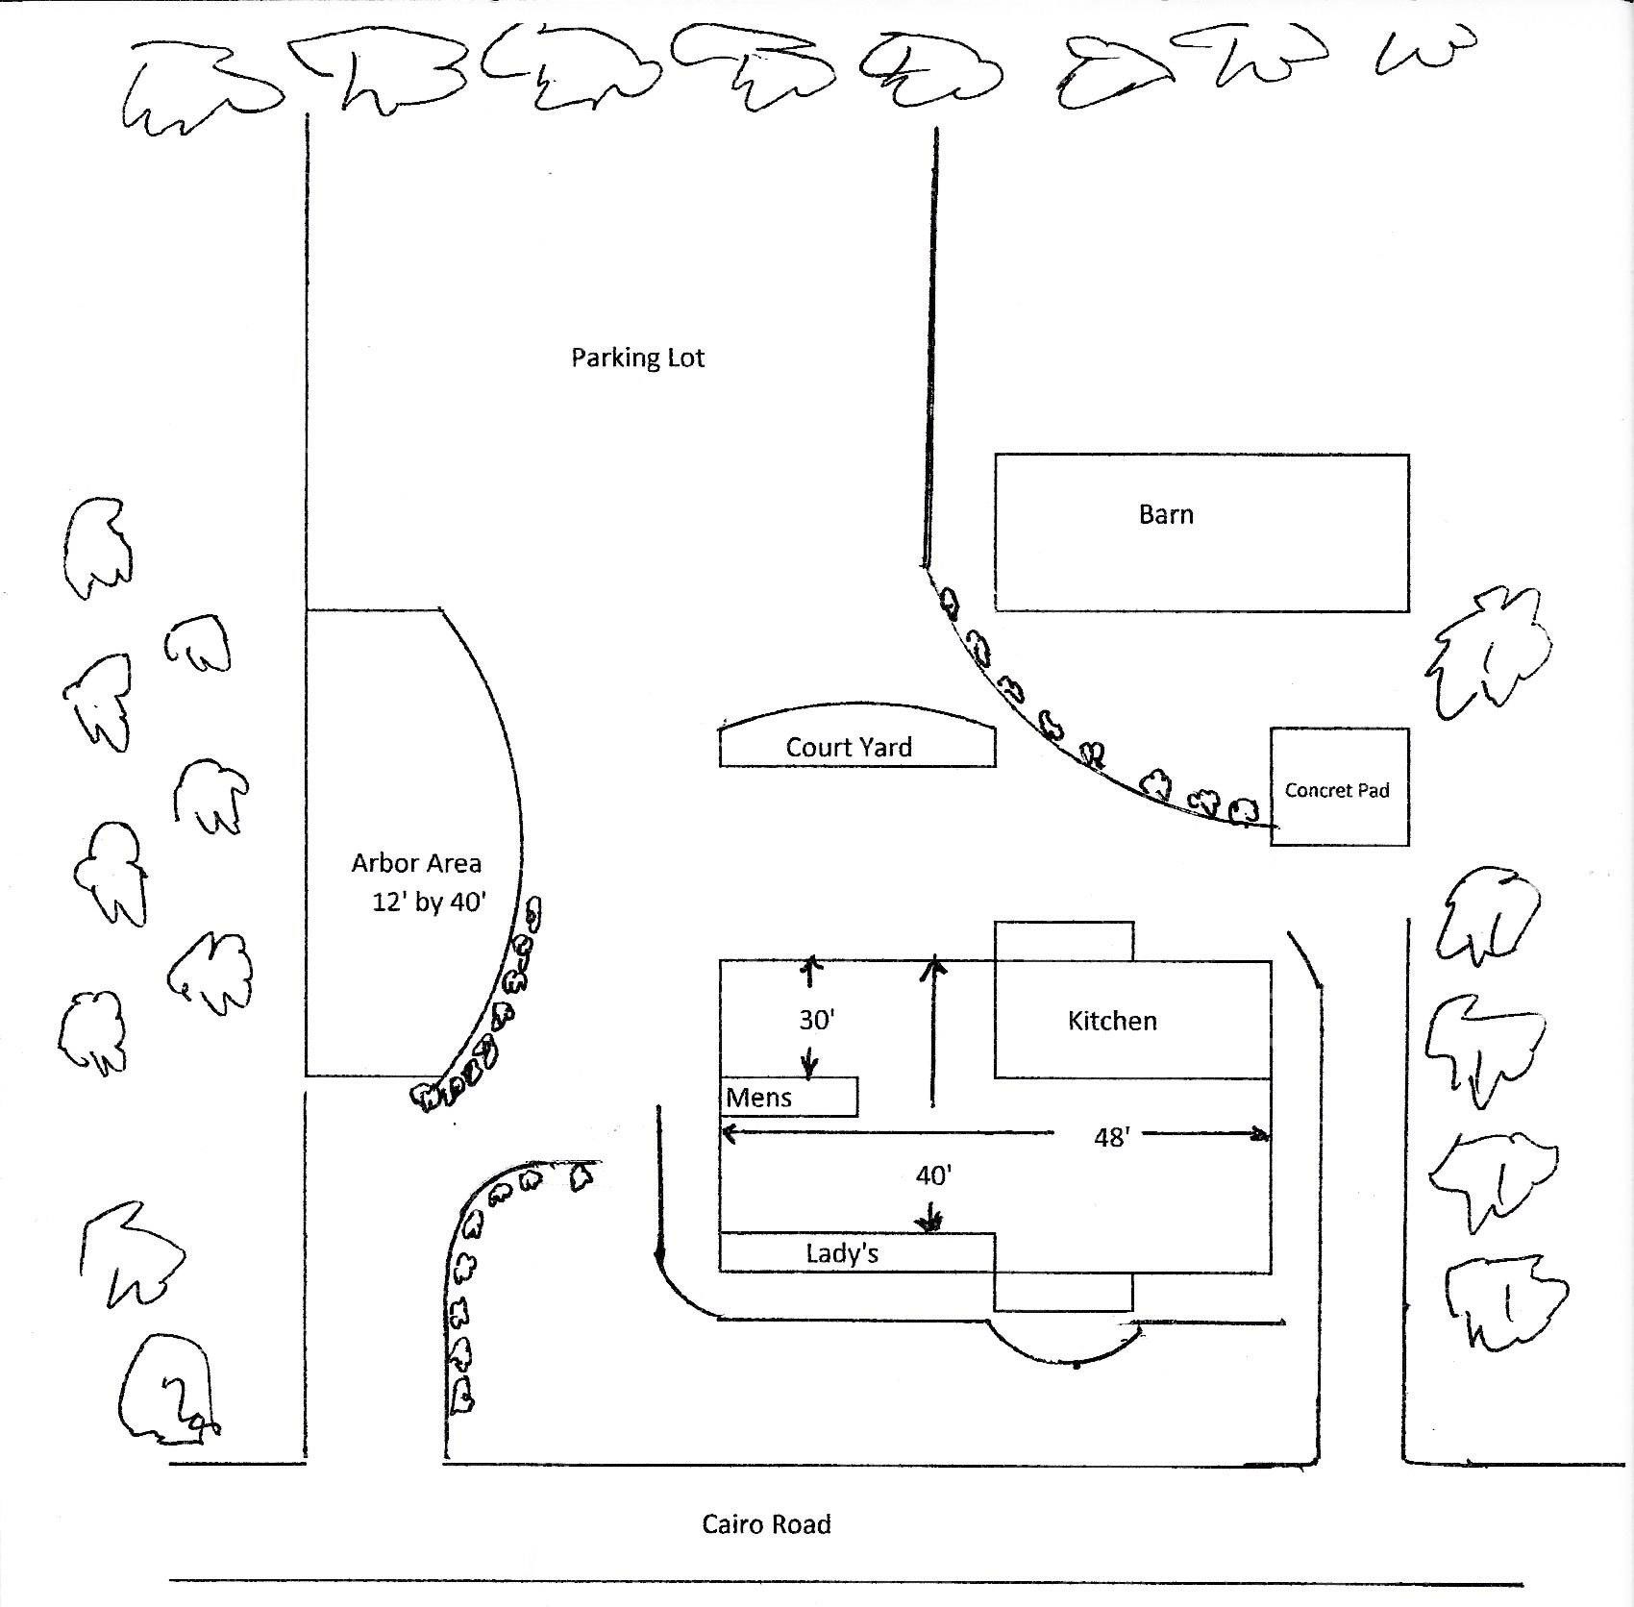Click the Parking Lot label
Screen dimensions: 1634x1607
[x=638, y=358]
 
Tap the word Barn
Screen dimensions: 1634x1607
[x=1166, y=514]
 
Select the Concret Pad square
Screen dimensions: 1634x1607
[x=1340, y=786]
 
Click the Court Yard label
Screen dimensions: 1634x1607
[x=849, y=747]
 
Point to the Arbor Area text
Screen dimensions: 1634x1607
[x=416, y=863]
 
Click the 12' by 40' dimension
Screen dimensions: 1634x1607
[x=430, y=902]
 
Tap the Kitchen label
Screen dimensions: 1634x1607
[x=1112, y=1021]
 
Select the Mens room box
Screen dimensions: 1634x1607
[x=788, y=1097]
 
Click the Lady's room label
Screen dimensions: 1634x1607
[x=842, y=1253]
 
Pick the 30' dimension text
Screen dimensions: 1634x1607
[x=816, y=1020]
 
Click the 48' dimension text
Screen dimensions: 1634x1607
[x=1111, y=1137]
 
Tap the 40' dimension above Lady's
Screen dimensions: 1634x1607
[x=933, y=1175]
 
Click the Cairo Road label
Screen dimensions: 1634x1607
[x=766, y=1524]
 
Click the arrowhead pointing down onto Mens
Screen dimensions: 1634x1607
[x=809, y=1069]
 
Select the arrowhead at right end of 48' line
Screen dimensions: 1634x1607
[x=1260, y=1135]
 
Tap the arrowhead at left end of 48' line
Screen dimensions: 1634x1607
[x=730, y=1134]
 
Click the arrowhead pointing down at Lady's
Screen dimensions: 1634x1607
[x=929, y=1223]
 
